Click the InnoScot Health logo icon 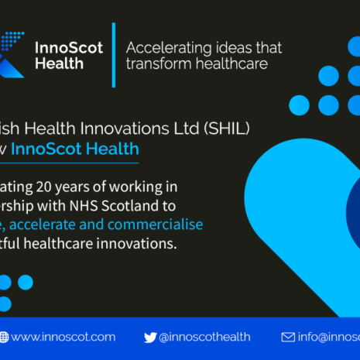click(x=13, y=50)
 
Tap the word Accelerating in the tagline click(x=167, y=47)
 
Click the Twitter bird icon click(x=150, y=337)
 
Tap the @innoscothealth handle click(x=206, y=337)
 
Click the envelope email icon click(x=287, y=337)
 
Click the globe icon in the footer click(x=4, y=337)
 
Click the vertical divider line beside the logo click(x=113, y=54)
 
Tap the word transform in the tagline click(x=153, y=64)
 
